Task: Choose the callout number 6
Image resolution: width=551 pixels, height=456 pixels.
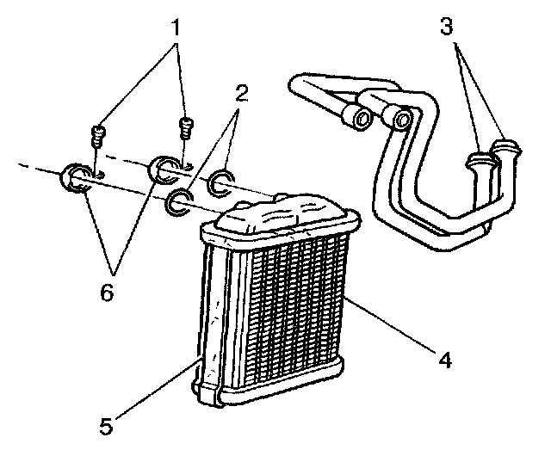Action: pyautogui.click(x=106, y=293)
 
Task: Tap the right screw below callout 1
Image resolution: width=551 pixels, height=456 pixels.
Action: pyautogui.click(x=183, y=127)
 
